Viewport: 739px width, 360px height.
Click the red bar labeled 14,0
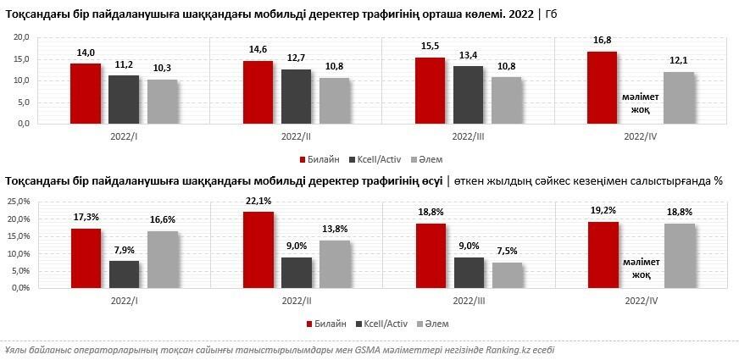[x=86, y=93]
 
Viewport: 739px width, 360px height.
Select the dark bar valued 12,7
[x=296, y=96]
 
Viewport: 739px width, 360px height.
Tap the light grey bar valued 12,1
[x=678, y=97]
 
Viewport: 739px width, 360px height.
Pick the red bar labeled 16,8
[x=602, y=87]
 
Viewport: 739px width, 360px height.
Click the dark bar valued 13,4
[x=468, y=94]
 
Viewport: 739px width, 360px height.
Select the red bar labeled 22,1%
[x=258, y=249]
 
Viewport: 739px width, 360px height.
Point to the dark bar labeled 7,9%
[x=124, y=274]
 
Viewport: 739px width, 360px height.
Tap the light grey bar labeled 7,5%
[x=507, y=274]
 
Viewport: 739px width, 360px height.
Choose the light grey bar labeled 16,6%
[x=163, y=258]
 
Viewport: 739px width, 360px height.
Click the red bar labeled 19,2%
[x=602, y=254]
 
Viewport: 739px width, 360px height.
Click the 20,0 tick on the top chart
[x=22, y=37]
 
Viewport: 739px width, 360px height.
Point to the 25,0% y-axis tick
[x=19, y=202]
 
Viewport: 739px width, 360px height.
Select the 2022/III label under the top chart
[x=468, y=136]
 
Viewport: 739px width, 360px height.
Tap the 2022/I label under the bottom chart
[x=125, y=301]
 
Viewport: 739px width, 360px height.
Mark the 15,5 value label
[x=429, y=48]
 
